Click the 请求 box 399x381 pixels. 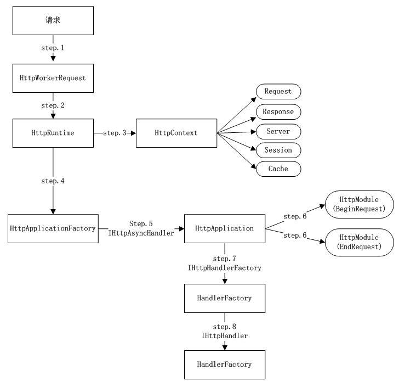point(53,21)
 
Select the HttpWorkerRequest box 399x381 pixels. point(53,79)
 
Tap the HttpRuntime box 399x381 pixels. point(53,133)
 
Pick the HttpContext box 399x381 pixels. point(176,133)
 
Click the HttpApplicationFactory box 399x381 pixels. point(53,228)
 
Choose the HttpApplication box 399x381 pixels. point(225,228)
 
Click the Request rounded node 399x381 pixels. point(278,92)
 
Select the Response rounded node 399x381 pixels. point(278,112)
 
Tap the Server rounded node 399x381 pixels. point(278,132)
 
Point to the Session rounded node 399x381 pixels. point(278,150)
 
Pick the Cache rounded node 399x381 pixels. point(278,169)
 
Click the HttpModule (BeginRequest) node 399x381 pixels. point(360,204)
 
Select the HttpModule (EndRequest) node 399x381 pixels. point(360,242)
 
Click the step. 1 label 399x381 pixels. point(53,48)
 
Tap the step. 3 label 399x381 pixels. point(115,133)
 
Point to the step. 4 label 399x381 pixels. point(53,181)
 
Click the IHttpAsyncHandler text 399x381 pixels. point(141,233)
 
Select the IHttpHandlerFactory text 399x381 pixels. point(225,268)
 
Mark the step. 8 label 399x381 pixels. point(225,327)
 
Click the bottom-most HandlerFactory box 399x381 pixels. point(225,365)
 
